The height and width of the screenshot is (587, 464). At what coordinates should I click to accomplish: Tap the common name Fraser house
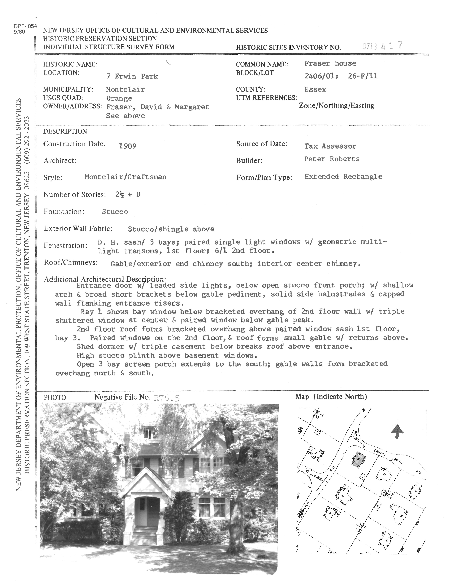330,64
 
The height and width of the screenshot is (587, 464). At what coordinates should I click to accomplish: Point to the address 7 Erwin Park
132,76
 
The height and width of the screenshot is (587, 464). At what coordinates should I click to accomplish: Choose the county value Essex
315,89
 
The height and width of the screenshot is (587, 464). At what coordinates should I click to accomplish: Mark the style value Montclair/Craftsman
125,177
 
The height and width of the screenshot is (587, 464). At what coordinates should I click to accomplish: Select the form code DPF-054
25,26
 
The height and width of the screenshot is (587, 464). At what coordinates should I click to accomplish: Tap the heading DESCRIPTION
65,131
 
